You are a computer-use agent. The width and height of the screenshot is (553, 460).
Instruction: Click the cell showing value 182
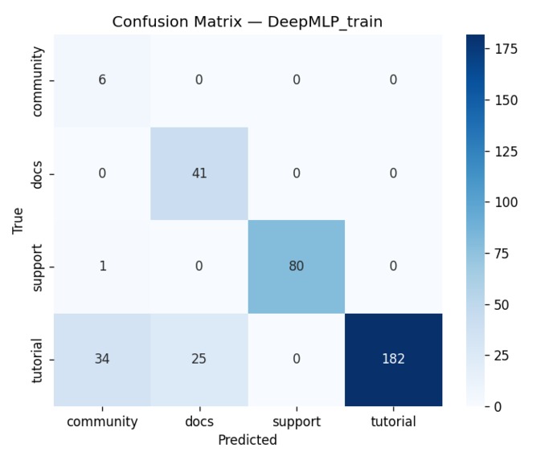coord(393,359)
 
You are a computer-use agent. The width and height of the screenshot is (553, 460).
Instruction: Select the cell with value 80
coord(296,267)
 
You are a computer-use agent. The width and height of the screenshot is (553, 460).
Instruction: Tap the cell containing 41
coord(199,173)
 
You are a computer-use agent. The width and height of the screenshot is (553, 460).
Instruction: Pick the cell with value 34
coord(102,359)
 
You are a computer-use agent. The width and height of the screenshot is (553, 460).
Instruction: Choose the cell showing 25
coord(199,359)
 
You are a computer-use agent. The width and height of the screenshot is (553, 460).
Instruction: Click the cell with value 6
coord(102,80)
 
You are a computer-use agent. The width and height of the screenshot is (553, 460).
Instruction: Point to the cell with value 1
coord(102,267)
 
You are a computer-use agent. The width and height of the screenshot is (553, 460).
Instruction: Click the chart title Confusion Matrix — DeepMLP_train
coord(248,22)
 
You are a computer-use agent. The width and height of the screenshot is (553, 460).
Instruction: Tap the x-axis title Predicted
coord(248,440)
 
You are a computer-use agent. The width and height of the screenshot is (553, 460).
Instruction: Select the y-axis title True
coord(18,220)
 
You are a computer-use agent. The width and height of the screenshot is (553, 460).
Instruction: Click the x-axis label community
coord(102,421)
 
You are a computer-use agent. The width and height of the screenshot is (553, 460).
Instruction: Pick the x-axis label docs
coord(199,421)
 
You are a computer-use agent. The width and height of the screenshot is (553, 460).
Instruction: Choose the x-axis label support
coord(296,421)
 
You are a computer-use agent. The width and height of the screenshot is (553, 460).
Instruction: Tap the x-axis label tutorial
coord(393,421)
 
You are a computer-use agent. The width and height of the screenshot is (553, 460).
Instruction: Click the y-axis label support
coord(37,267)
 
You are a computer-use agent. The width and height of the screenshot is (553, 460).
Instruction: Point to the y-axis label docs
coord(37,173)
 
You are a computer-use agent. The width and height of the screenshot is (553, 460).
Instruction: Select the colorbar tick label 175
coord(506,49)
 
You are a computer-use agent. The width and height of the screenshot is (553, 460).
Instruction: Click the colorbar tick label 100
coord(506,202)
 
